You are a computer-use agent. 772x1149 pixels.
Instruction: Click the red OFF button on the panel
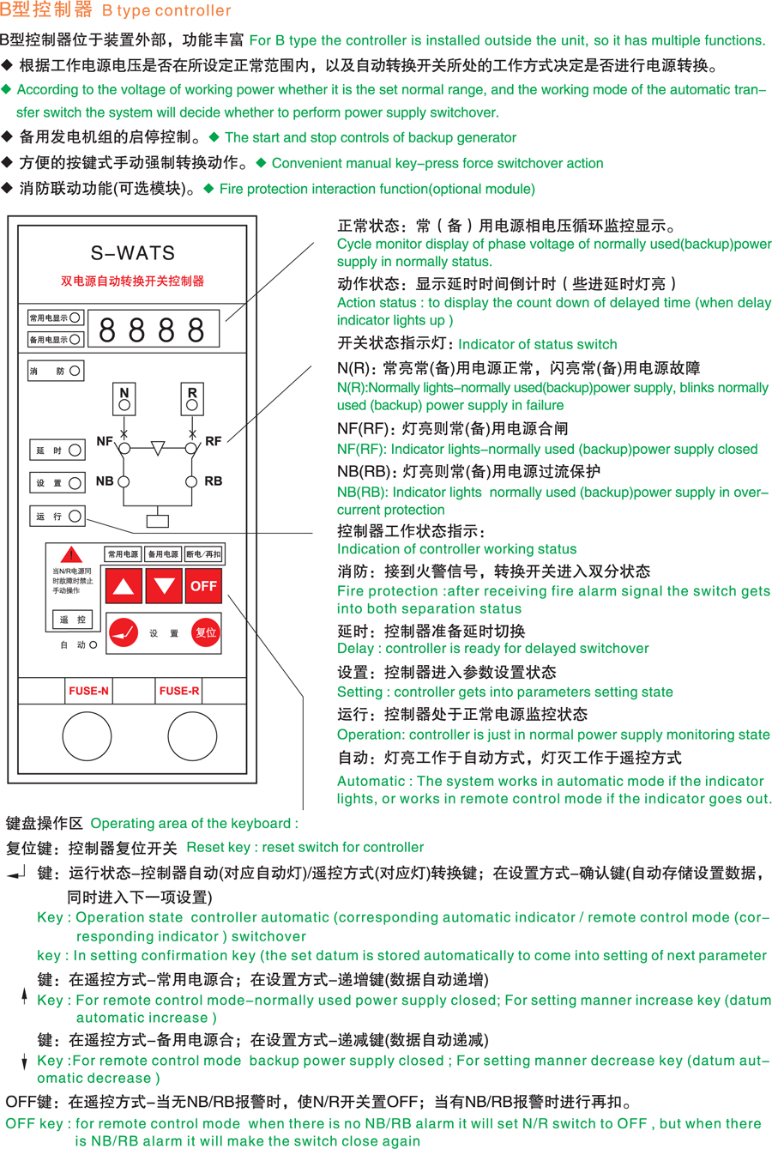point(203,586)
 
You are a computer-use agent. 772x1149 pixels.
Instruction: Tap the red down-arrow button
point(164,586)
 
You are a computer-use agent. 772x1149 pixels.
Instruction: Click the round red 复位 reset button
point(206,632)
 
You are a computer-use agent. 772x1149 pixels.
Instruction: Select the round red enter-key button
point(124,632)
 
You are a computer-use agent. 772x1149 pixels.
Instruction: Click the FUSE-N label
point(88,691)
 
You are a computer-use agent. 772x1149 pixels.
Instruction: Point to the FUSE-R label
point(179,691)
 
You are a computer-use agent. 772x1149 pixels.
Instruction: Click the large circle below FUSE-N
point(87,735)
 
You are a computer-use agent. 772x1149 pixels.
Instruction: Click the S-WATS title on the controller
point(133,253)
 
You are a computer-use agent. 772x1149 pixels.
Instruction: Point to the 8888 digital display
point(153,330)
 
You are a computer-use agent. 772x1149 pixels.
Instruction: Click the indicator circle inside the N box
point(124,404)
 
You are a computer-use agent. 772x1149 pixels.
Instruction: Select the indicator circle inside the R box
point(192,404)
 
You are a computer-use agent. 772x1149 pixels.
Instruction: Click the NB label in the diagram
point(105,481)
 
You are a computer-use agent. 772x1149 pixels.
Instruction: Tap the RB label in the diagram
point(214,481)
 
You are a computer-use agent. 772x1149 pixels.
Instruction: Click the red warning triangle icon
point(70,555)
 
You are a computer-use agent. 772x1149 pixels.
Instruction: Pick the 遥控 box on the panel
point(73,619)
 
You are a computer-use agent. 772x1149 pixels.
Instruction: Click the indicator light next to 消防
point(75,371)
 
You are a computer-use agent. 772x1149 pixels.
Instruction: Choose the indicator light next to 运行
point(75,516)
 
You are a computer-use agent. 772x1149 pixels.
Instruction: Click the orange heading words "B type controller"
point(166,11)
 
